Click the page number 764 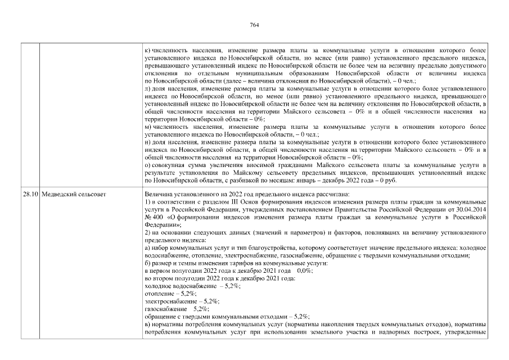[x=254, y=25]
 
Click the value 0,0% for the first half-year [x=304, y=271]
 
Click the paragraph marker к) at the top [x=147, y=50]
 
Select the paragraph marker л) [x=147, y=88]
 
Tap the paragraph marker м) [x=147, y=127]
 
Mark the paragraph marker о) [x=147, y=165]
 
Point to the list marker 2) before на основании [x=148, y=232]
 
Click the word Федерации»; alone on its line [x=159, y=223]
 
